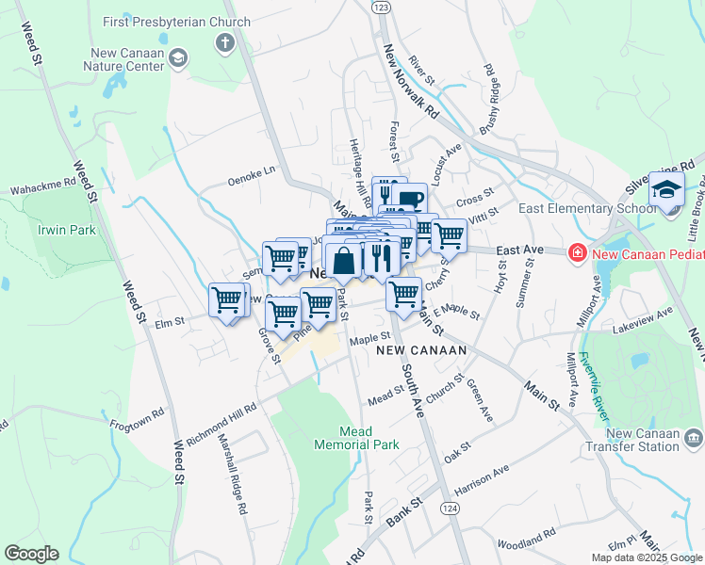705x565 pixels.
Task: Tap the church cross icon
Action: (224, 42)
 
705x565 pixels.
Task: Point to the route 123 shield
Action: (381, 7)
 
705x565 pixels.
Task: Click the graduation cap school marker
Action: (666, 188)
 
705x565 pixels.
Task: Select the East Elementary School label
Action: (580, 208)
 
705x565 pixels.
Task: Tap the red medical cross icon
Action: (574, 251)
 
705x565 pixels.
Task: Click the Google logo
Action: (31, 554)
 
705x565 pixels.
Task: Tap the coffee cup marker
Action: (410, 199)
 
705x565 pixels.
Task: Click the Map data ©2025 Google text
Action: (646, 557)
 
